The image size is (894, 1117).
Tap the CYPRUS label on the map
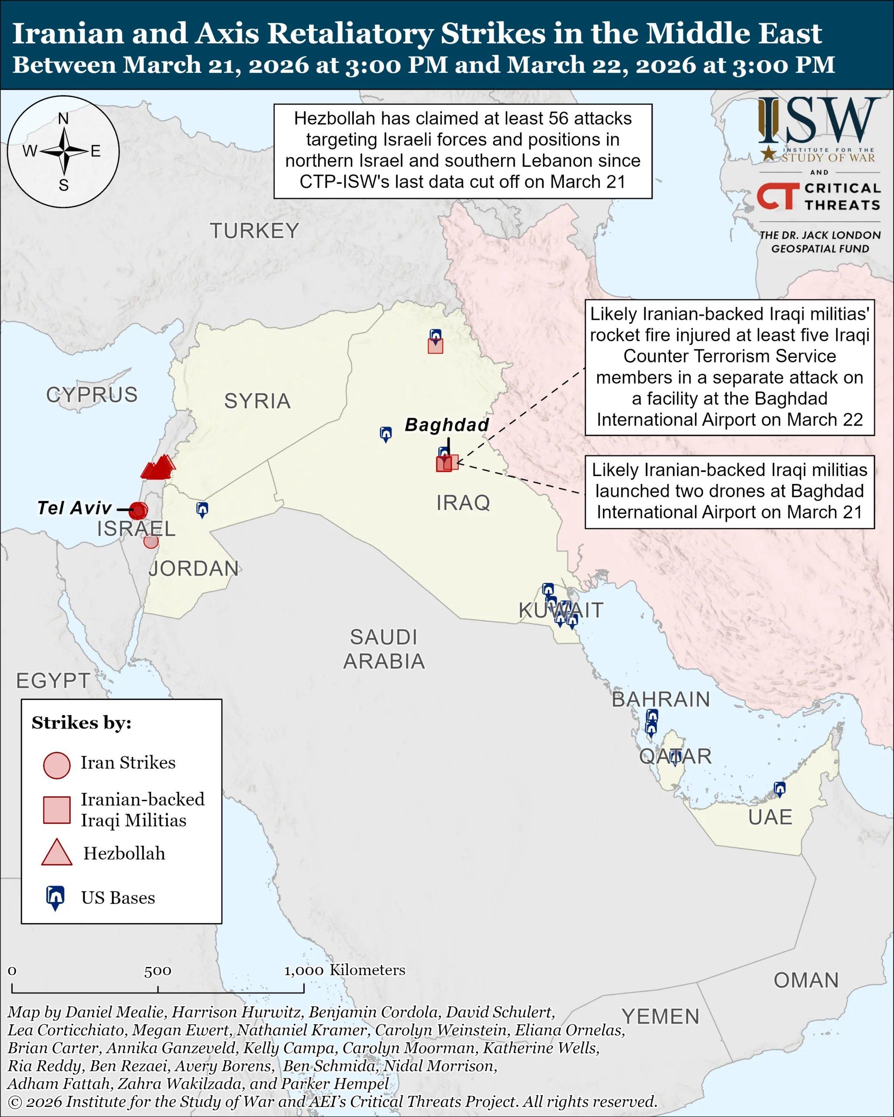[92, 395]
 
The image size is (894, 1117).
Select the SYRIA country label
[257, 401]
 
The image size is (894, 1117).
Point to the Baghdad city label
[447, 425]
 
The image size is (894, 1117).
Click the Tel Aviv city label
[74, 508]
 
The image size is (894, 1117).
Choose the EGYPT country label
[53, 681]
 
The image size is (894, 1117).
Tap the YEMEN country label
[660, 1017]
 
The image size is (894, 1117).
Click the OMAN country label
[806, 980]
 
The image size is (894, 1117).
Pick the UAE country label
[770, 817]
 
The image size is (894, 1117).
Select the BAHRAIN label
[661, 699]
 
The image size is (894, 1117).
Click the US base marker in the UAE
[780, 789]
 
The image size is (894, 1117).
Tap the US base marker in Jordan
[202, 509]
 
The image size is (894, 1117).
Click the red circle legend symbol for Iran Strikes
[56, 765]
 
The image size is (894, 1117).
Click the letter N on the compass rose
[63, 119]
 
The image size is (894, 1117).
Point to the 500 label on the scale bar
[158, 971]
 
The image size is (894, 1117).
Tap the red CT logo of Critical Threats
[777, 196]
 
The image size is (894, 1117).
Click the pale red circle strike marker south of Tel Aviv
[151, 541]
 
